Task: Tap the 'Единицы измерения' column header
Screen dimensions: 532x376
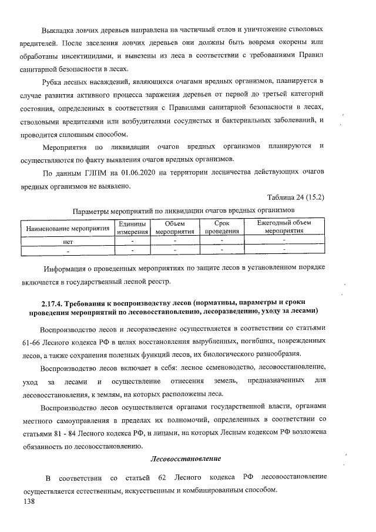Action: point(132,227)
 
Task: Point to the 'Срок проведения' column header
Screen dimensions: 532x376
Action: point(221,227)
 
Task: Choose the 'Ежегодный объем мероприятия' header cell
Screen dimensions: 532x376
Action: point(284,227)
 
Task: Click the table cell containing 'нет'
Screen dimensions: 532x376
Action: point(67,241)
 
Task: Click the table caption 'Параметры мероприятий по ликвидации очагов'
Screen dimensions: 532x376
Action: point(182,210)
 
